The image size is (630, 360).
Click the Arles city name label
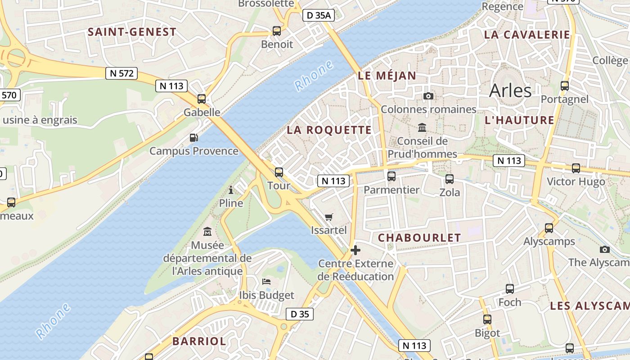pos(510,90)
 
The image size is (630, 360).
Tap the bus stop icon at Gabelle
pos(202,99)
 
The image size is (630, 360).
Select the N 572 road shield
pos(121,73)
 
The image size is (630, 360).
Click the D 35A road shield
pos(318,15)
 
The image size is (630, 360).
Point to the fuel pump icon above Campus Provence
pos(194,138)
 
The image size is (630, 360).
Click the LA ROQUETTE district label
pos(329,130)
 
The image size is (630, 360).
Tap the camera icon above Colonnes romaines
pos(428,96)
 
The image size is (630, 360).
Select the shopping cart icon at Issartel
pos(329,217)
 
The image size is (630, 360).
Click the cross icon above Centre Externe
pos(355,250)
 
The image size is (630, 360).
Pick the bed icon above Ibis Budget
pos(266,282)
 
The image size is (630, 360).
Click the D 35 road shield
pos(300,314)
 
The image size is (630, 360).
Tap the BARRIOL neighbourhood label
pos(199,341)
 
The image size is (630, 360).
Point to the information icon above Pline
pos(231,190)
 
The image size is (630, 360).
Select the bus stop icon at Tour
pos(279,172)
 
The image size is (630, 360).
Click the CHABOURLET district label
pos(419,238)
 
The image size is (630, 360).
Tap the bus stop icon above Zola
pos(450,179)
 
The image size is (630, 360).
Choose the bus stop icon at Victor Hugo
pos(576,168)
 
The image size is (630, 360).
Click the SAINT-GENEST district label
pos(132,32)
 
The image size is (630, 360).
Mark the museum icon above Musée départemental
pos(207,232)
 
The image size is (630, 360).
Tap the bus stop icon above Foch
pos(510,289)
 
